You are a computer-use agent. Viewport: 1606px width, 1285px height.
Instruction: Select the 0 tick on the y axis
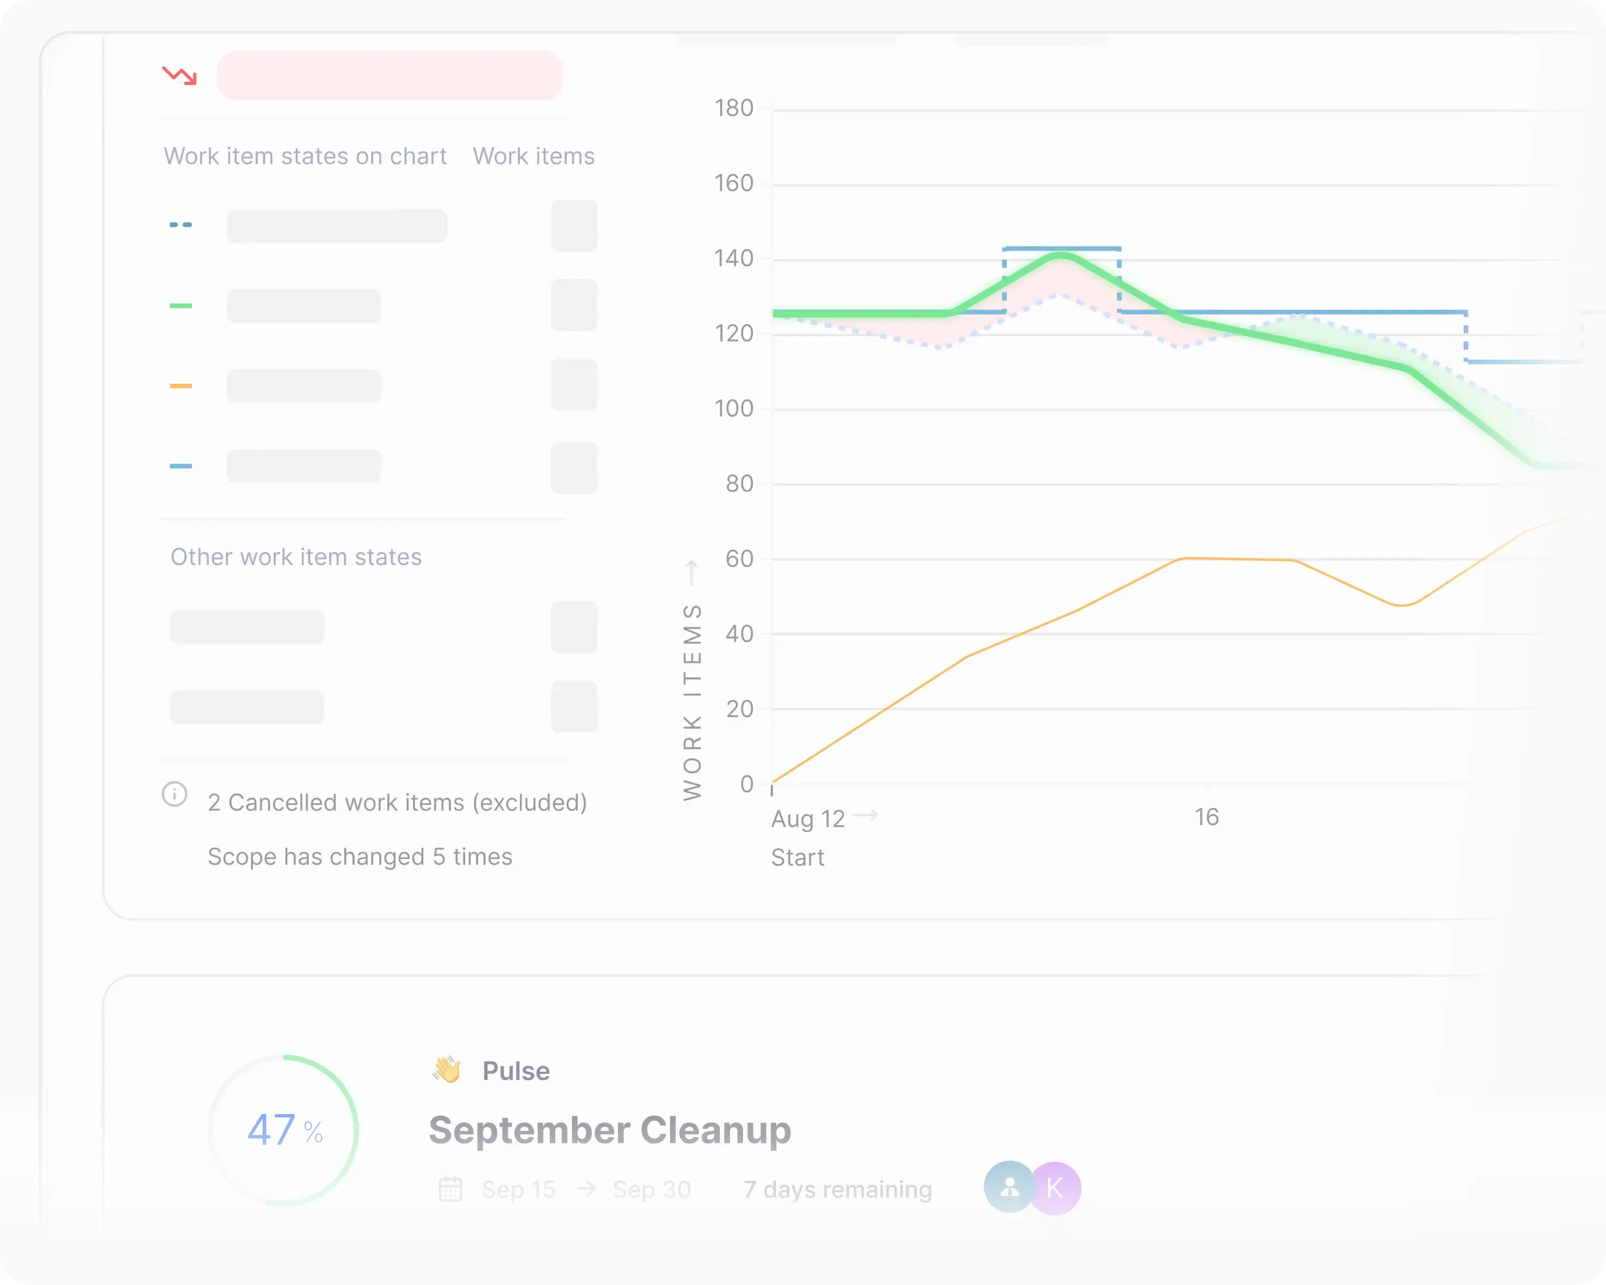[746, 784]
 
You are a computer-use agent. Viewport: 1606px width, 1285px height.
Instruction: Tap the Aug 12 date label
[808, 818]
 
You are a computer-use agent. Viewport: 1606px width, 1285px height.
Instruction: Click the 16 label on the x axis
[1207, 817]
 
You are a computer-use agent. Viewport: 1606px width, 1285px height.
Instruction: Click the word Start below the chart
[797, 858]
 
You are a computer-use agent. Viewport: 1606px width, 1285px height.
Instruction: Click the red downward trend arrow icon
[179, 75]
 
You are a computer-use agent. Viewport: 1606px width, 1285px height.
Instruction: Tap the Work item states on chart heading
[305, 156]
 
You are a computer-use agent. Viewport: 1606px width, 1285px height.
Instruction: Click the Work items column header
[533, 156]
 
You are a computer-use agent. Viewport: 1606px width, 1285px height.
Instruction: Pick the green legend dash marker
[181, 305]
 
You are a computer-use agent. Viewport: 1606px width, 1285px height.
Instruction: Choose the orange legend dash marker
[181, 386]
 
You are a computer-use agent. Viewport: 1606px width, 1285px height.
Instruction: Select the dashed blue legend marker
[181, 224]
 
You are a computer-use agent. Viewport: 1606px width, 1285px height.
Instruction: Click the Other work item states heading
[296, 557]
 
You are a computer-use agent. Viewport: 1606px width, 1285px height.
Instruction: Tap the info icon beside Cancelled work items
[174, 794]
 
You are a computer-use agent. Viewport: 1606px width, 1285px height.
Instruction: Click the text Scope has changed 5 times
[360, 856]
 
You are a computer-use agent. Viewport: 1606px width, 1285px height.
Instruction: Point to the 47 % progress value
[285, 1130]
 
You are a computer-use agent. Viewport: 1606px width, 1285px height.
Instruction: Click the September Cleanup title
[610, 1130]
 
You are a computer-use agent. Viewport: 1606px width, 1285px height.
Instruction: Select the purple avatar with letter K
[1055, 1188]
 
